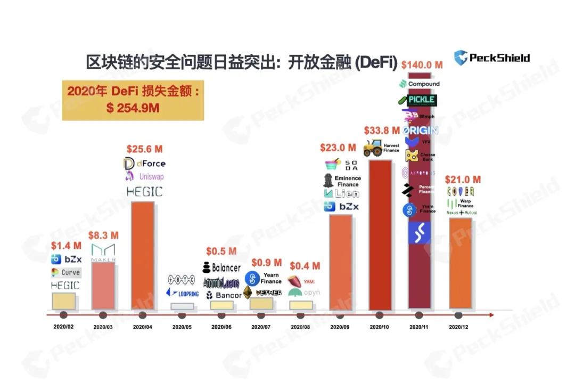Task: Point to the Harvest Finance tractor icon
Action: pyautogui.click(x=373, y=148)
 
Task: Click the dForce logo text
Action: pyautogui.click(x=144, y=163)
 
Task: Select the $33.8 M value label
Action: pyautogui.click(x=382, y=130)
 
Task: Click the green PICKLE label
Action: pyautogui.click(x=421, y=100)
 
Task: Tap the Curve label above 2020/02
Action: pyautogui.click(x=66, y=272)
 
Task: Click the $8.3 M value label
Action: pyautogui.click(x=103, y=235)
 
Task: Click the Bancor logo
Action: pyautogui.click(x=224, y=295)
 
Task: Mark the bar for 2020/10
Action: pyautogui.click(x=381, y=234)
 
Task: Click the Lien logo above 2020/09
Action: pyautogui.click(x=341, y=193)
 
